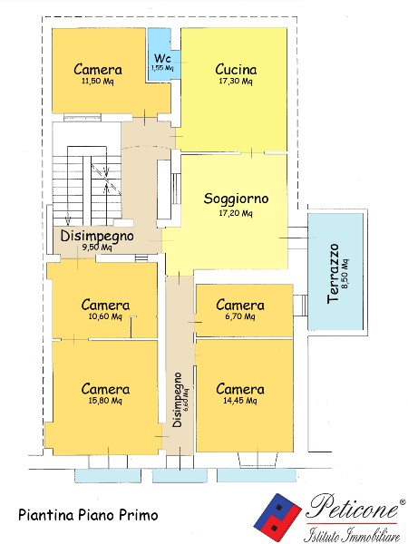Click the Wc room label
(x=162, y=58)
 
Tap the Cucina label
(x=236, y=70)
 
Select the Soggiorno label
(x=236, y=199)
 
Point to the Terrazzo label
(x=333, y=274)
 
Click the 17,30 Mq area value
(x=236, y=82)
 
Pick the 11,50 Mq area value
(x=97, y=82)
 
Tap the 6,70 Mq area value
(x=240, y=316)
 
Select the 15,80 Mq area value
(x=105, y=401)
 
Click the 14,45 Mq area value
(x=240, y=401)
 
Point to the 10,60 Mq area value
(x=105, y=316)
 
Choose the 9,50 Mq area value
(x=97, y=248)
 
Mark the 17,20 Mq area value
(x=236, y=213)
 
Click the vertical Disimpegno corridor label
(x=177, y=400)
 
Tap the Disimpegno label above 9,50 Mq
(x=97, y=236)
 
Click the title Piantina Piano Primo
(x=88, y=515)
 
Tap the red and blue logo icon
(x=277, y=516)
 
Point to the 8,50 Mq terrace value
(x=345, y=274)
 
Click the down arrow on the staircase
(x=68, y=219)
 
